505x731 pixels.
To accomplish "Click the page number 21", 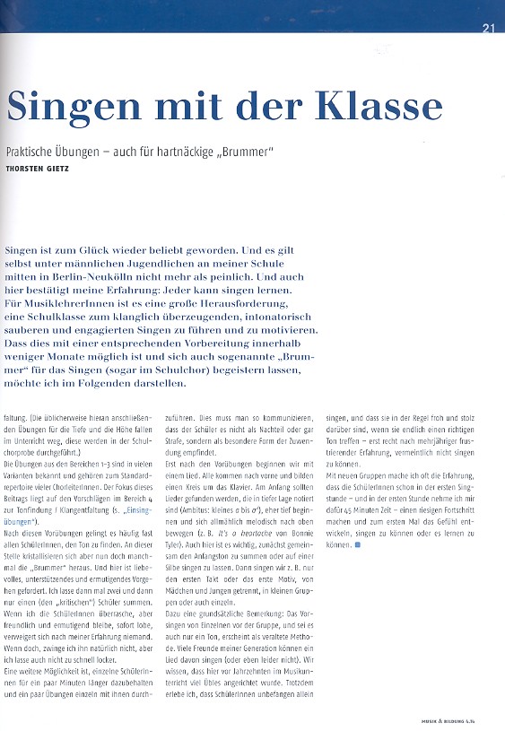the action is [x=488, y=28].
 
